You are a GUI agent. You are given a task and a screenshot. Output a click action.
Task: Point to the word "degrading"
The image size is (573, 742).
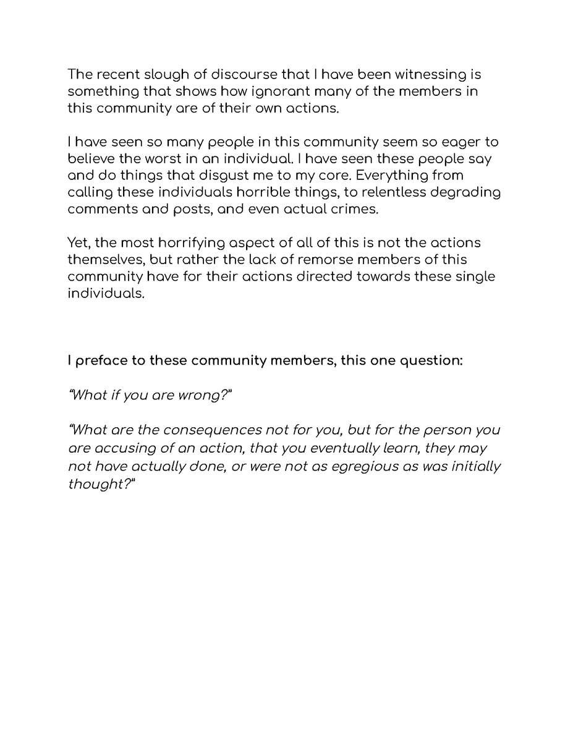point(464,192)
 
